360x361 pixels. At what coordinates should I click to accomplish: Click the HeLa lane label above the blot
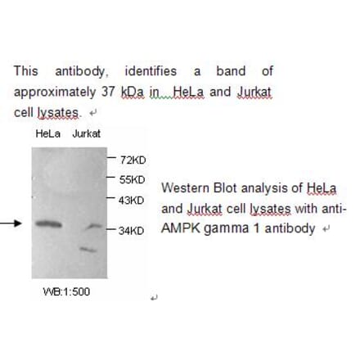click(x=47, y=133)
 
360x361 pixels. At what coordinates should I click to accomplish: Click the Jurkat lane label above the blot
click(x=86, y=133)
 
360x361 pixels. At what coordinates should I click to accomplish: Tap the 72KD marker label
click(x=132, y=160)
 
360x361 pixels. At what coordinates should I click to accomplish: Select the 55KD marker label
click(x=132, y=179)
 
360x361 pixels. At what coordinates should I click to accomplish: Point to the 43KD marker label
click(x=132, y=200)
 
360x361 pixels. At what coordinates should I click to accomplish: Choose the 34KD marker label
click(x=132, y=231)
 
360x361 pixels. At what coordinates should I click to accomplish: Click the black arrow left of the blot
click(x=11, y=223)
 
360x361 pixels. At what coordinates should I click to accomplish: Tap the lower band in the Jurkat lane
click(x=88, y=248)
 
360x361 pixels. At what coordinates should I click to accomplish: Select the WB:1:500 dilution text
click(x=66, y=292)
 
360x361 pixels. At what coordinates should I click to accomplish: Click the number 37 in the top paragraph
click(x=110, y=92)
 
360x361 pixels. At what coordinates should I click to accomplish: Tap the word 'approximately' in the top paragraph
click(x=52, y=92)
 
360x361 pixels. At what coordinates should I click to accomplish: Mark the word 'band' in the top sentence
click(x=231, y=71)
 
